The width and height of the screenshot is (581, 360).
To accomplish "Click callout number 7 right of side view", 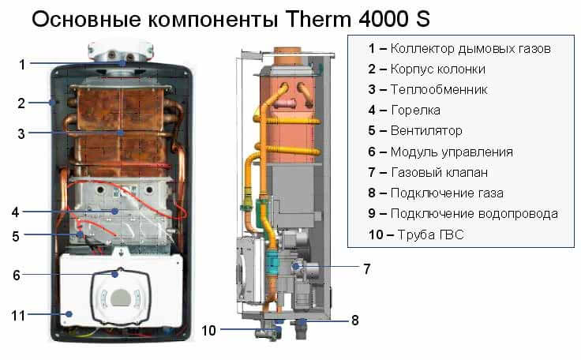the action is click(x=365, y=268).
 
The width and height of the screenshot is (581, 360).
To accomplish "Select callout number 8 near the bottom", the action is click(x=354, y=321).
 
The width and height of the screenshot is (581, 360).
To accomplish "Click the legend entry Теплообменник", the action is click(x=439, y=90).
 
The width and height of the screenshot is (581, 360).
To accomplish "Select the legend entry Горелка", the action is click(x=415, y=111).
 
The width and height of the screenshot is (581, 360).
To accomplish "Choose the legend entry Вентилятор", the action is click(x=426, y=131).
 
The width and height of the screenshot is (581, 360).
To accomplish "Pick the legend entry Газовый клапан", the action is click(x=439, y=172).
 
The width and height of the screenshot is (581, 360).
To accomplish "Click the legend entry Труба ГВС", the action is click(x=431, y=234).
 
